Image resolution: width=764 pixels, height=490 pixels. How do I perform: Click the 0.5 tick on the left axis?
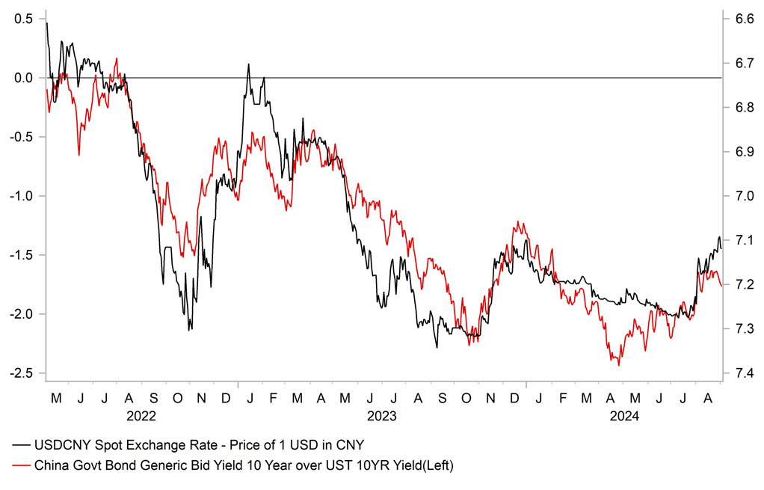[x=23, y=19]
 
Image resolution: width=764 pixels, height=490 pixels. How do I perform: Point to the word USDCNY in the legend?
[x=62, y=445]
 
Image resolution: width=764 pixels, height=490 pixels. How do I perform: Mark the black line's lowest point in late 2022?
[x=190, y=329]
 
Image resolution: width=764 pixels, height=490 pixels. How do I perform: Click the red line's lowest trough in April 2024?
[x=618, y=364]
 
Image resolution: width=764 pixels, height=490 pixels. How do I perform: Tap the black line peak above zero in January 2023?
[x=248, y=64]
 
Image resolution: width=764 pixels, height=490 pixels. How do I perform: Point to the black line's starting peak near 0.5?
[x=46, y=23]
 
